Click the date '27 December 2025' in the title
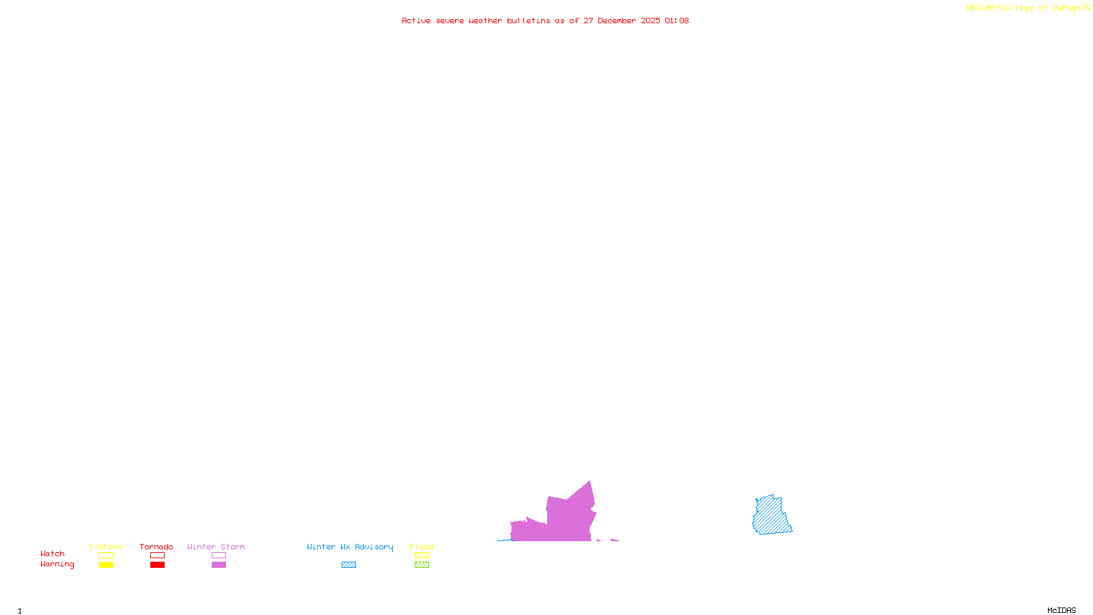pyautogui.click(x=622, y=21)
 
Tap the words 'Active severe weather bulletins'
pyautogui.click(x=476, y=21)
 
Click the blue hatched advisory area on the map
pyautogui.click(x=771, y=517)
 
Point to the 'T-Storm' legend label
pyautogui.click(x=105, y=547)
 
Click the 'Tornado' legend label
pyautogui.click(x=156, y=547)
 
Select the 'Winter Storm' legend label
pyautogui.click(x=216, y=547)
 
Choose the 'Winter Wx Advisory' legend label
pyautogui.click(x=350, y=547)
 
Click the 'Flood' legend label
pyautogui.click(x=421, y=547)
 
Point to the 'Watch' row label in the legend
pyautogui.click(x=53, y=554)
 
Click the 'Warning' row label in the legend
pyautogui.click(x=57, y=564)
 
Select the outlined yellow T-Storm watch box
pyautogui.click(x=106, y=556)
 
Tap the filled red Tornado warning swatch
pyautogui.click(x=157, y=565)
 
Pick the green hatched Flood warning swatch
pyautogui.click(x=421, y=565)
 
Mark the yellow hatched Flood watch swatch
pyautogui.click(x=421, y=556)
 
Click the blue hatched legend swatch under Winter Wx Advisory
pyautogui.click(x=348, y=565)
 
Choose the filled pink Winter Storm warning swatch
pyautogui.click(x=219, y=565)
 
